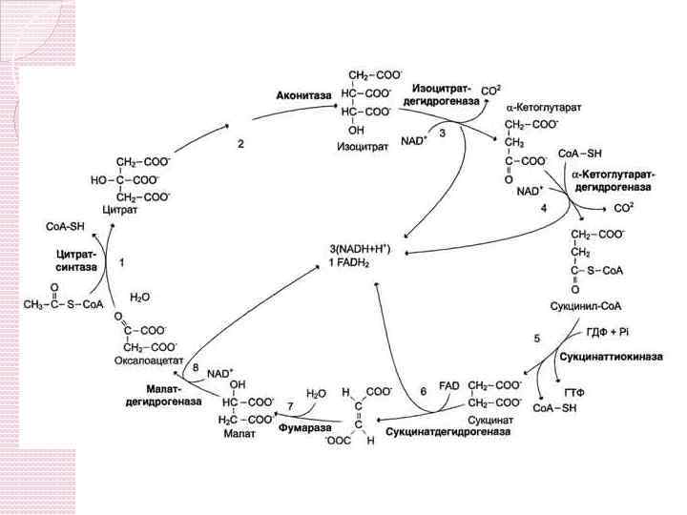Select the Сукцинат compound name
click(x=493, y=418)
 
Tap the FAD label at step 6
click(x=449, y=384)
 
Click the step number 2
click(x=241, y=144)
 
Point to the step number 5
click(x=536, y=338)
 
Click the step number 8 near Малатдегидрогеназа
click(x=196, y=367)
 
